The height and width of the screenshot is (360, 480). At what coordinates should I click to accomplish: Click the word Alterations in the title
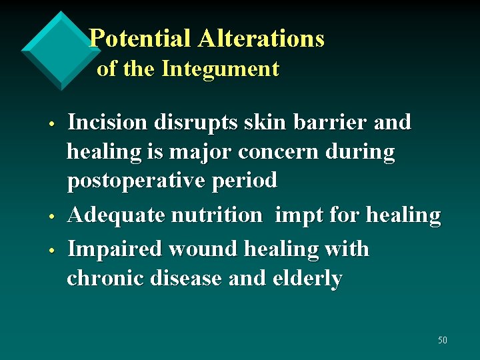[x=261, y=39]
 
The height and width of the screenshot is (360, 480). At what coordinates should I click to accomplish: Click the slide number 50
[x=443, y=341]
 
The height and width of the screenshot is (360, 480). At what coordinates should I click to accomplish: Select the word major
[x=202, y=153]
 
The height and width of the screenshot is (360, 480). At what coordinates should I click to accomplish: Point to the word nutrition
[x=217, y=215]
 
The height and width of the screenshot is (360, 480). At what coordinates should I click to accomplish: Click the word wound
[x=203, y=249]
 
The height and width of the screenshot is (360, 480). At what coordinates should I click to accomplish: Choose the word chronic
[x=105, y=279]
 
